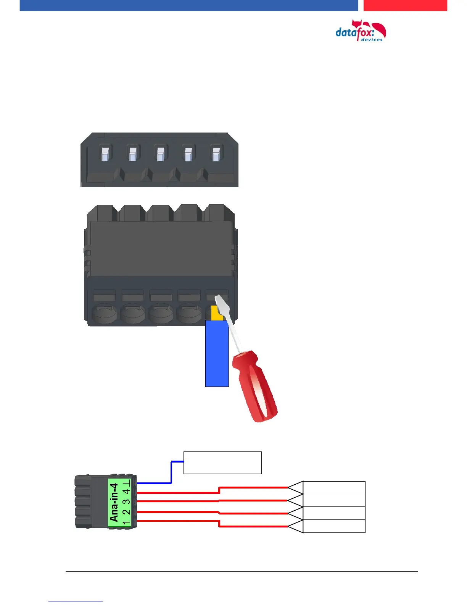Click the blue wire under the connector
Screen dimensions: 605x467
217,353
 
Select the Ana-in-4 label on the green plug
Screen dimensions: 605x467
114,502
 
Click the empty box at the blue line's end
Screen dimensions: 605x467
222,463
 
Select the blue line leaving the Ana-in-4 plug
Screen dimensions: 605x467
155,483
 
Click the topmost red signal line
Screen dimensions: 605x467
252,488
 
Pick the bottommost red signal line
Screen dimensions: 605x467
252,526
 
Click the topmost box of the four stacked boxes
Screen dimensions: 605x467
334,488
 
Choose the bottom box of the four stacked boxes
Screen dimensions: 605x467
334,526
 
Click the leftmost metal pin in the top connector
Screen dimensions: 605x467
105,154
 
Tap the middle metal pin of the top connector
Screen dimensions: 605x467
160,154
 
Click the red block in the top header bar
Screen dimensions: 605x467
405,5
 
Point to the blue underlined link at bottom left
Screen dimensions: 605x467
76,601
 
